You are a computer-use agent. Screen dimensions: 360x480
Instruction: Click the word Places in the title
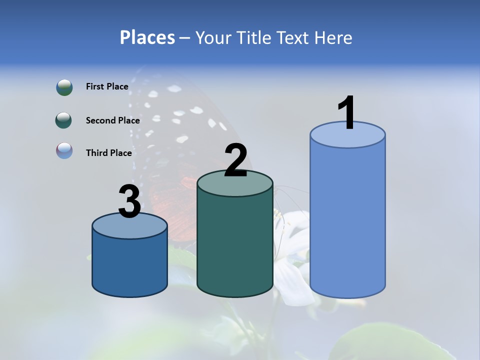[147, 37]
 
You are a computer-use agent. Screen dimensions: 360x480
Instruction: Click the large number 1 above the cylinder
[347, 113]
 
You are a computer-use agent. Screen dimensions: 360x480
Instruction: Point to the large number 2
[235, 160]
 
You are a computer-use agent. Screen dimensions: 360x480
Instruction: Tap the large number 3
[129, 202]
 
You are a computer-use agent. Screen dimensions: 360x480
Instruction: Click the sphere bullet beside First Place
[64, 87]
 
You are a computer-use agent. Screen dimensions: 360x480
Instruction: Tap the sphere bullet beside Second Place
[64, 120]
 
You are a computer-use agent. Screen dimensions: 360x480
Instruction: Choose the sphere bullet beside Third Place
[64, 150]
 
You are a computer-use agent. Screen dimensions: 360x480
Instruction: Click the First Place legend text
[107, 86]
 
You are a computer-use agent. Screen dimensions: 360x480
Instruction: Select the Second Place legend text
[112, 120]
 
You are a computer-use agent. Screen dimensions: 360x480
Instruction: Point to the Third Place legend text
[108, 153]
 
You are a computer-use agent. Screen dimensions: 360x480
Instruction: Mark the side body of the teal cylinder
[235, 245]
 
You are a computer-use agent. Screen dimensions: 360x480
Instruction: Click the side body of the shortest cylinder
[129, 265]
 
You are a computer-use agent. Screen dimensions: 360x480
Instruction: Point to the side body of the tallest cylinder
[347, 220]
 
